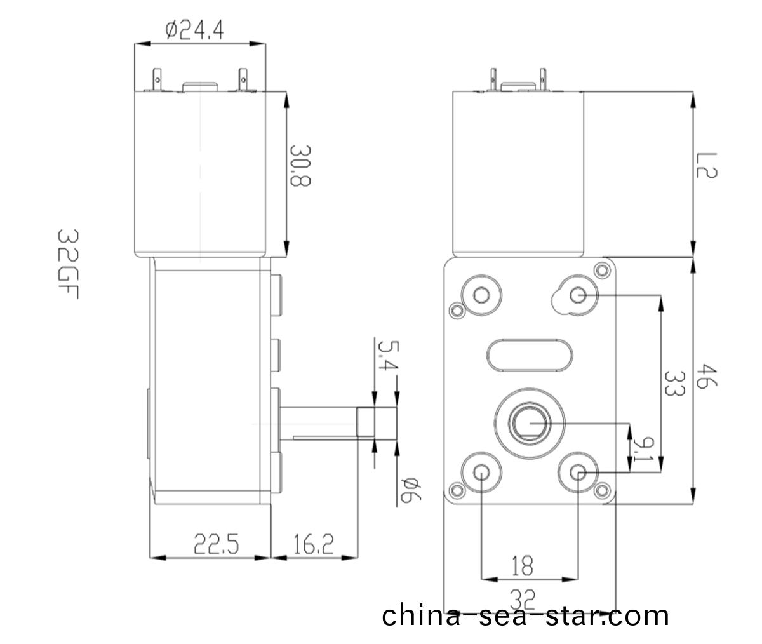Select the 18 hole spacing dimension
(x=522, y=565)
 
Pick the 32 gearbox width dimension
(x=522, y=597)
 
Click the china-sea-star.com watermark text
(x=525, y=616)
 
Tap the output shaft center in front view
(x=528, y=422)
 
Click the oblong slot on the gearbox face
(x=530, y=352)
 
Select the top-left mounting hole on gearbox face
(x=480, y=295)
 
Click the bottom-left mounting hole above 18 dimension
(x=481, y=472)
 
